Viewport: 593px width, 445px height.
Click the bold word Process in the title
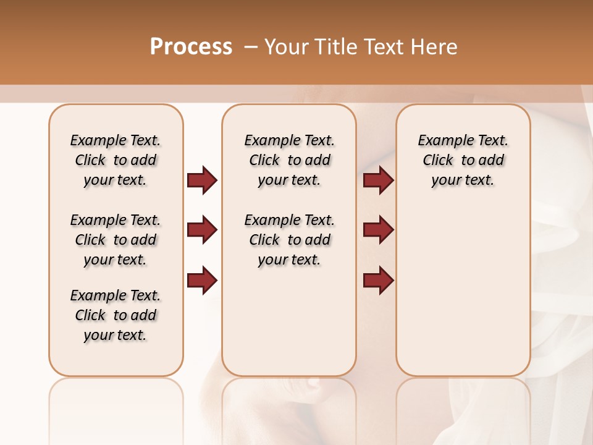click(x=191, y=47)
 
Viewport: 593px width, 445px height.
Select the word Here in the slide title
click(x=434, y=47)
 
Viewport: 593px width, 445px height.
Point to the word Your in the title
click(x=288, y=47)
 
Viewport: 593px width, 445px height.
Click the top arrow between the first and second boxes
click(x=202, y=180)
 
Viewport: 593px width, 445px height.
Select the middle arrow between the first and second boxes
click(x=202, y=230)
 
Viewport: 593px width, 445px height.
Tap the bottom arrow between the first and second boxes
click(x=202, y=281)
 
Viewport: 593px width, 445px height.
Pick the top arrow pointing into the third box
click(x=378, y=180)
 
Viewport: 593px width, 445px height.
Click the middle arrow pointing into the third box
click(x=378, y=230)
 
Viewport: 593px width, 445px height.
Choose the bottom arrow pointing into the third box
click(x=378, y=281)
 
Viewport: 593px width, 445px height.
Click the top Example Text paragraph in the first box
click(x=116, y=160)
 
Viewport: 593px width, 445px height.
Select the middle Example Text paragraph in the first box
click(x=116, y=240)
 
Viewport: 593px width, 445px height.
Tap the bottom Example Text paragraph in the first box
click(x=116, y=315)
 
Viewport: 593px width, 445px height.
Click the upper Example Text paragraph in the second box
click(x=289, y=160)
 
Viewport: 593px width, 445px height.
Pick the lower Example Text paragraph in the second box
click(x=289, y=240)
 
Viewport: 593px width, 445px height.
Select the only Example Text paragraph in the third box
click(x=463, y=160)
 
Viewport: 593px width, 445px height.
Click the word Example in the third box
click(x=442, y=141)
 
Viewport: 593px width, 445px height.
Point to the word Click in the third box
click(x=438, y=160)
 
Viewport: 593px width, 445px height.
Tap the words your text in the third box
click(x=463, y=180)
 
